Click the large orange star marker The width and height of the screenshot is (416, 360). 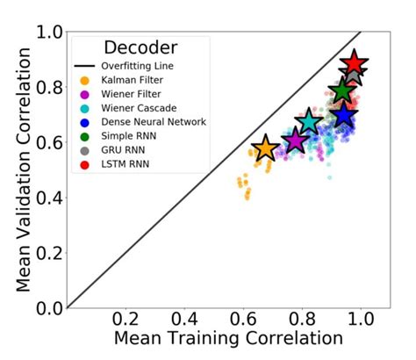pos(265,148)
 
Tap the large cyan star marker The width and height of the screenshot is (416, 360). pos(308,122)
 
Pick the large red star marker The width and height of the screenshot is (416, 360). pos(354,63)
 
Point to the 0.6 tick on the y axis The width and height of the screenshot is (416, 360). pos(49,142)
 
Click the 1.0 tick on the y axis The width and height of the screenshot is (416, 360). pos(49,32)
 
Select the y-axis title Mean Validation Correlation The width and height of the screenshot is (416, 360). pos(19,169)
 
